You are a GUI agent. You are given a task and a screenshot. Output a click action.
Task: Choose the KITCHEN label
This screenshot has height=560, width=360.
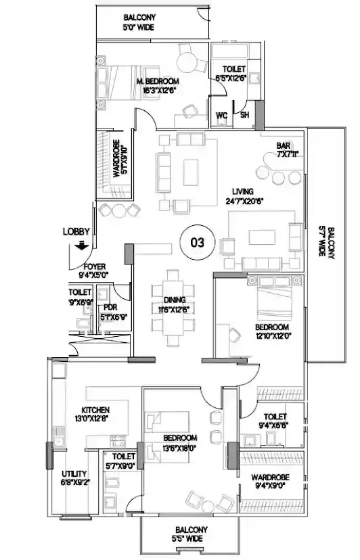(95, 410)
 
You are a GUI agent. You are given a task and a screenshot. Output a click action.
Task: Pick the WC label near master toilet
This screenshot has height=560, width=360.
(221, 114)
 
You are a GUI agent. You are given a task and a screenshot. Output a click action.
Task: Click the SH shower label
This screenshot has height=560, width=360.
(244, 114)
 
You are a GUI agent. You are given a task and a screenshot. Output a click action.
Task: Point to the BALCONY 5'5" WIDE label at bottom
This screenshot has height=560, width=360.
(189, 534)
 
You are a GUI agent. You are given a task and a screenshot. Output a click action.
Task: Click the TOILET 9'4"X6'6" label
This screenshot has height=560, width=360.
(273, 421)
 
